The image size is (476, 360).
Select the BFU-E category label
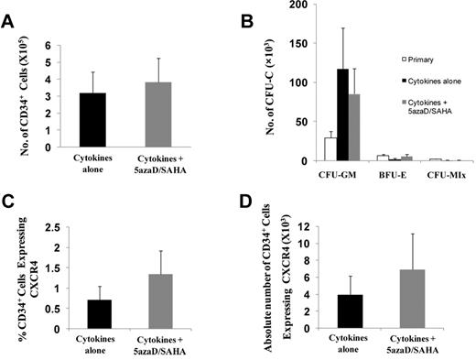[380, 172]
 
